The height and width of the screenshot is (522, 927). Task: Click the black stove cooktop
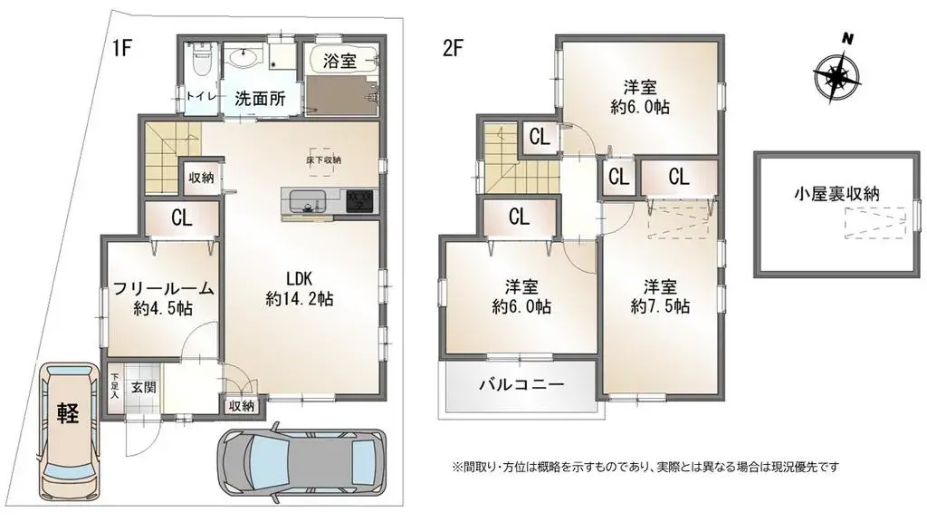coord(359,199)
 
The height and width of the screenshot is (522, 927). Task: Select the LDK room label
coord(301,278)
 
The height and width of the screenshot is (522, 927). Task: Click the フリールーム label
coord(163,289)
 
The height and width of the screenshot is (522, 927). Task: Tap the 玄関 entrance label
coord(143,387)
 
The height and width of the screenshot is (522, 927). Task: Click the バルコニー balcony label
coord(521,385)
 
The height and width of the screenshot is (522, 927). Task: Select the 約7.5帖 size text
coord(659,305)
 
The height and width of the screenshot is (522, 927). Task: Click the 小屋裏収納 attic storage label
coord(837,192)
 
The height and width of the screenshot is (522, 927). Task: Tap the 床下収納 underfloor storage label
coord(323,160)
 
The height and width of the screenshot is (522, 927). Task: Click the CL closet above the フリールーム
coord(181,218)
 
